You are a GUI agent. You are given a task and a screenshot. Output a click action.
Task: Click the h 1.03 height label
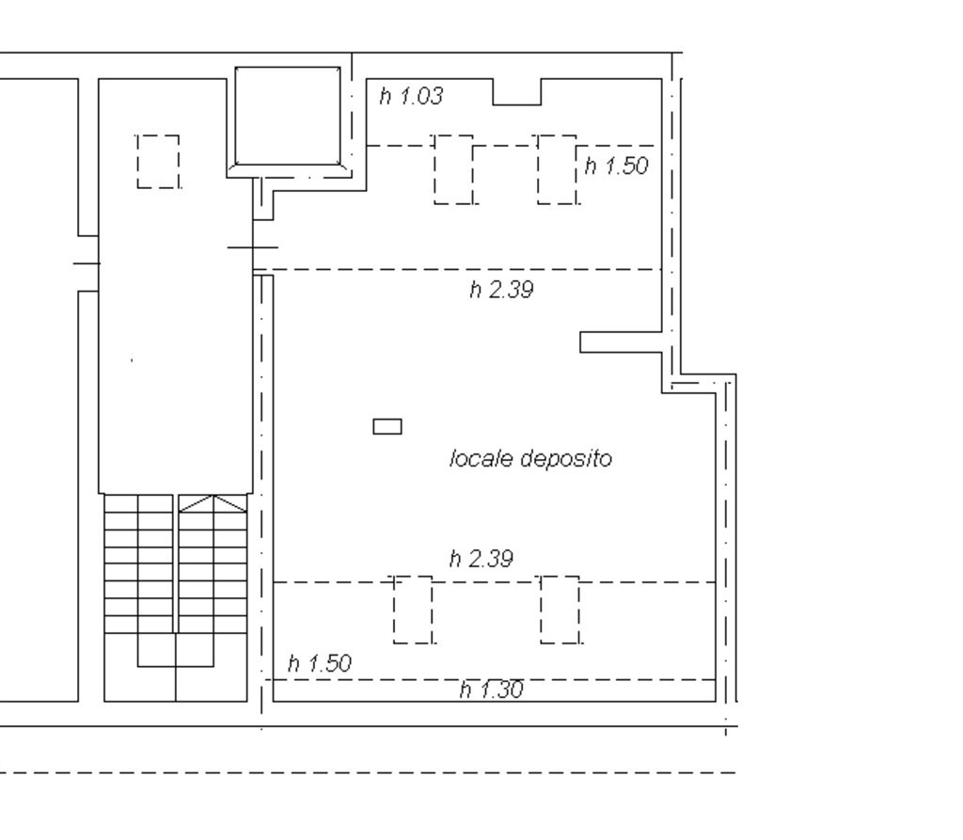(x=411, y=96)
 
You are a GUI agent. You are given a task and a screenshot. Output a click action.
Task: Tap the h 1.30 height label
(x=491, y=689)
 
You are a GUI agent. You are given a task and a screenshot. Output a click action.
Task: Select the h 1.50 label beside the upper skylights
(x=616, y=166)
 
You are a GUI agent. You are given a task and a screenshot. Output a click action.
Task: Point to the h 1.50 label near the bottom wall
(x=320, y=664)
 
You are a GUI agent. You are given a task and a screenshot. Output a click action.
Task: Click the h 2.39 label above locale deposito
(x=501, y=290)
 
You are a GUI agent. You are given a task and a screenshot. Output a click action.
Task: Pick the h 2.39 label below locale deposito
(x=481, y=559)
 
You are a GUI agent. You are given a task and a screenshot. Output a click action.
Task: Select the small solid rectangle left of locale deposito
(x=387, y=426)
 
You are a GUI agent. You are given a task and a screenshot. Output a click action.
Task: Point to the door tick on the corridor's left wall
(x=87, y=263)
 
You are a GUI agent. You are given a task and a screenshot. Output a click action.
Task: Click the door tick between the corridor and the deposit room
(x=253, y=247)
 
